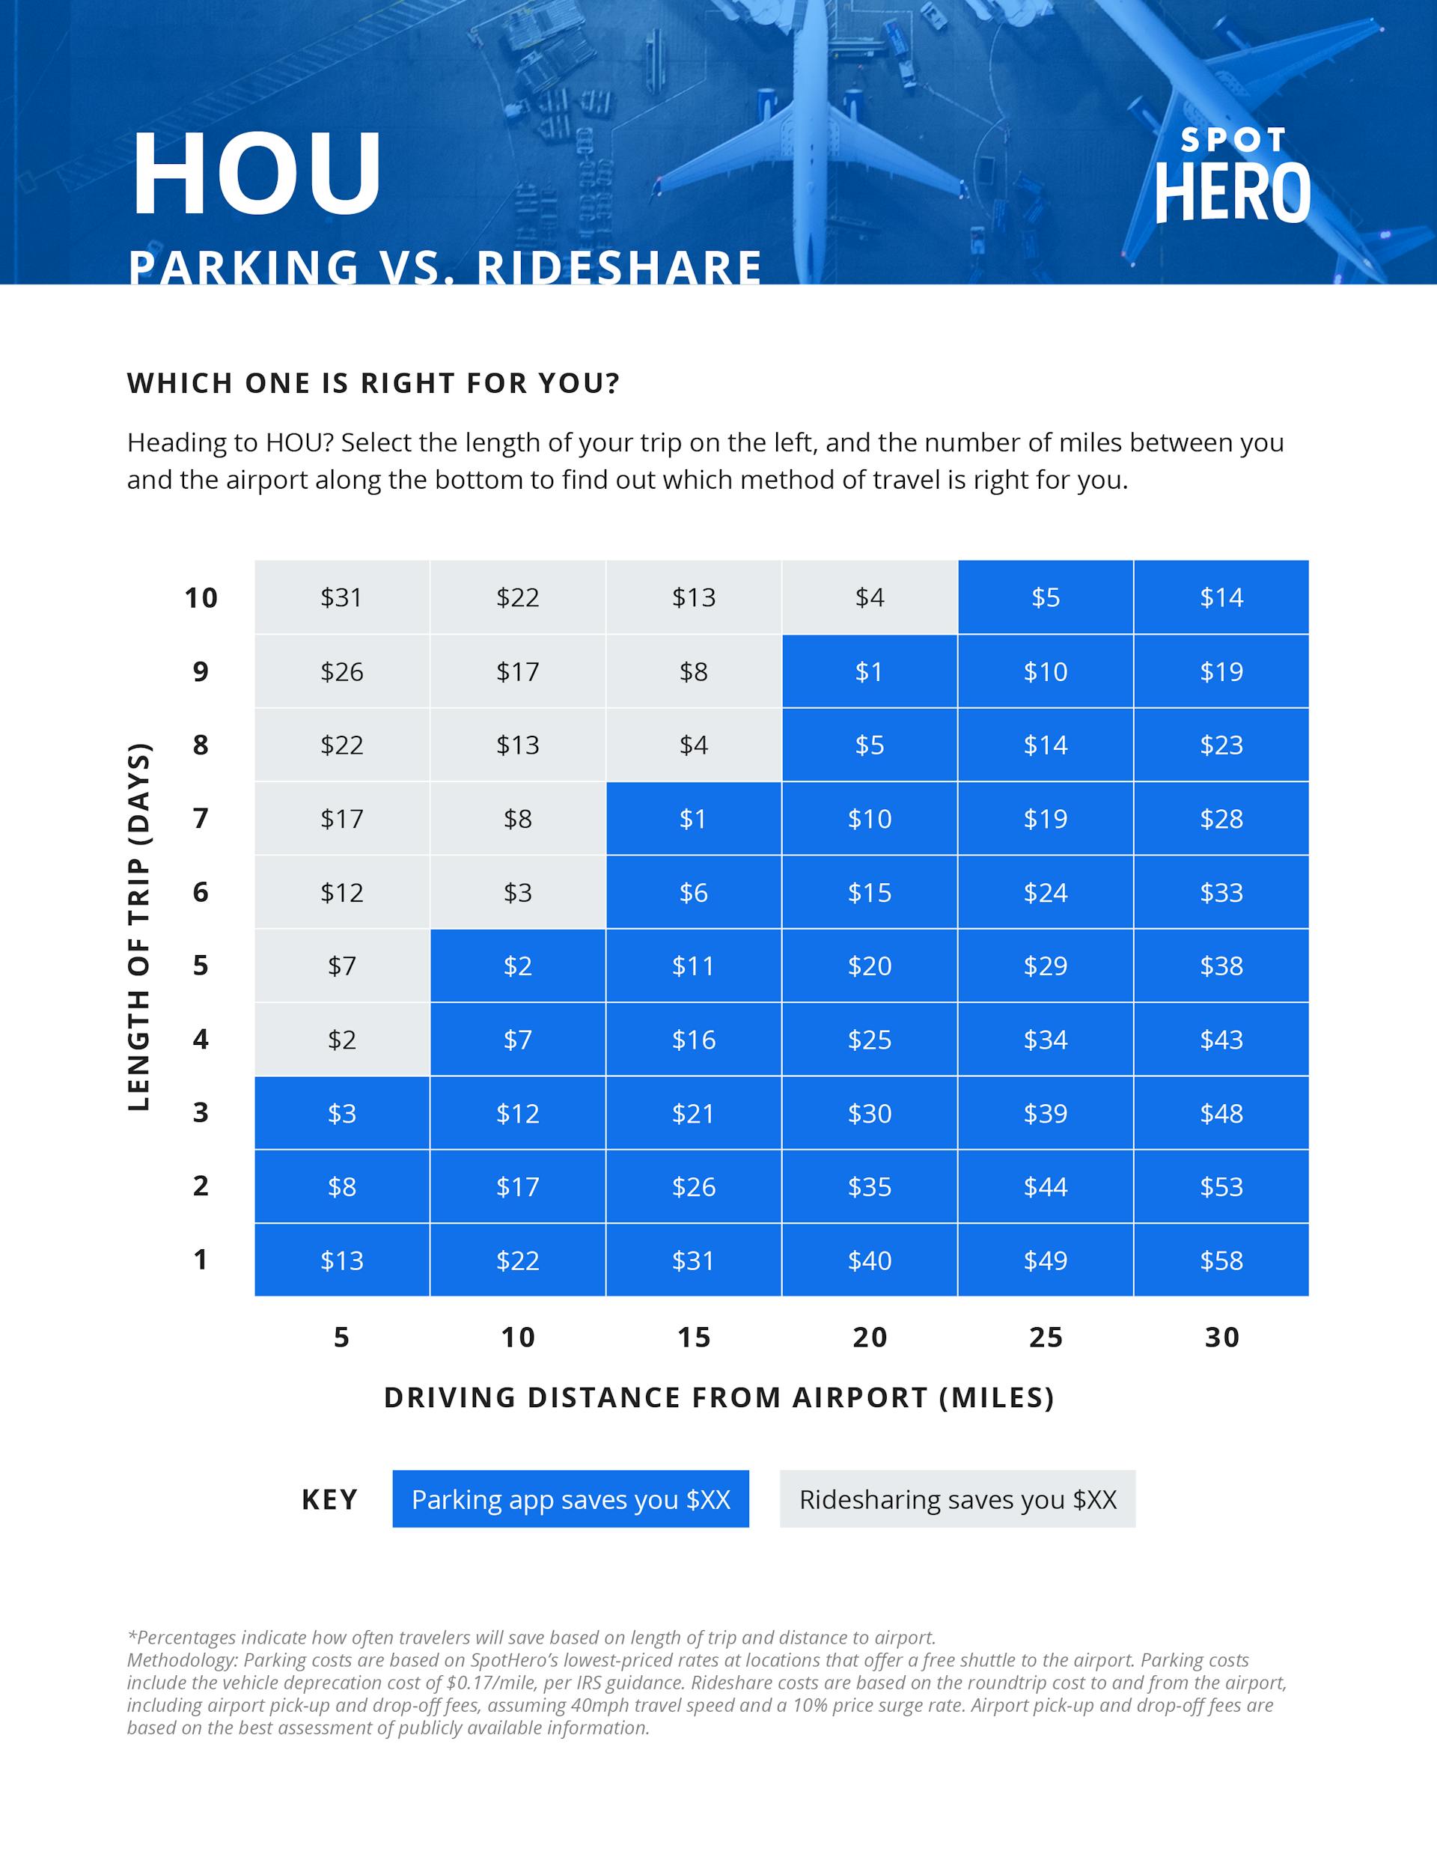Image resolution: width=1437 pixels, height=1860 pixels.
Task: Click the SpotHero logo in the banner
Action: tap(1232, 177)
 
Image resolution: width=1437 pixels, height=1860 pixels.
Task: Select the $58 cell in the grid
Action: tap(1221, 1260)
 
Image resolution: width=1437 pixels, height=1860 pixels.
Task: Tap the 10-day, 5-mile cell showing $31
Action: tap(341, 598)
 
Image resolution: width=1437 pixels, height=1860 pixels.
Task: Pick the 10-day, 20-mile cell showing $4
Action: tap(869, 598)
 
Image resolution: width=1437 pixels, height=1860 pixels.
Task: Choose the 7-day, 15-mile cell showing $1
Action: tap(693, 818)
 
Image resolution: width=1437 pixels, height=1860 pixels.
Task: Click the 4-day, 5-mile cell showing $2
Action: tap(341, 1040)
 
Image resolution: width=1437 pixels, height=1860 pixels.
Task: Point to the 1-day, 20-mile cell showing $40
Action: tap(869, 1260)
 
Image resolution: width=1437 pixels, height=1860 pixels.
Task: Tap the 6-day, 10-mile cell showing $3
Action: tap(517, 892)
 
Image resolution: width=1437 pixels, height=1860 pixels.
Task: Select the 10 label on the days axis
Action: tap(201, 598)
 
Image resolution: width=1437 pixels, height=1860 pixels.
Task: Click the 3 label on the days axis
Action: tap(201, 1113)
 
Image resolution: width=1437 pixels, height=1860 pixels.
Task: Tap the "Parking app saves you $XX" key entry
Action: tap(571, 1499)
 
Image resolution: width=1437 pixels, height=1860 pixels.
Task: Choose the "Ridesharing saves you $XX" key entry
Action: tap(957, 1499)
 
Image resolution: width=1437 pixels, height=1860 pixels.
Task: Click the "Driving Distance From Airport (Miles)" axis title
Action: tap(719, 1397)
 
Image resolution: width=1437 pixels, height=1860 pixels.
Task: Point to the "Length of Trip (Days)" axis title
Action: tap(139, 927)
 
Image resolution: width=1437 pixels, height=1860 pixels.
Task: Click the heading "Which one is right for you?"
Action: tap(373, 383)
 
